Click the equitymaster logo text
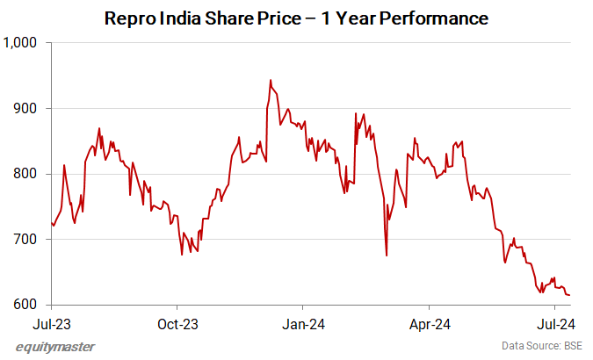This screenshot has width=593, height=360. coord(55,347)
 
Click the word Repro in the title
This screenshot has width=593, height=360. coord(128,18)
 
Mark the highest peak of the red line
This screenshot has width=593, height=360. coord(271,80)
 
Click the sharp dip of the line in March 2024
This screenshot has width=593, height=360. coord(387,256)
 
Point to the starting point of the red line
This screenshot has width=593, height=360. coord(52,223)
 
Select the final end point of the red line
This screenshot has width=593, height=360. coord(570,295)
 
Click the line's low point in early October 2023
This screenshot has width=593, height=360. coord(182,255)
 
